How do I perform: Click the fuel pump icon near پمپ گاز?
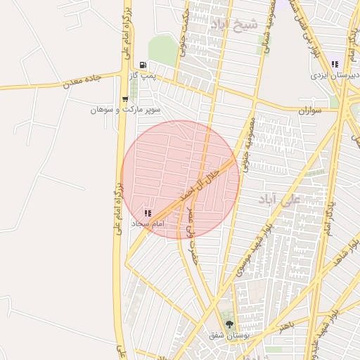coord(143,64)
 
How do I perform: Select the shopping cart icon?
coord(125,99)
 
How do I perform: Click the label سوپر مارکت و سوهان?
coord(126,110)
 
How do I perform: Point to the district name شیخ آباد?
coord(234,25)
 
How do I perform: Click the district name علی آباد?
coord(279,198)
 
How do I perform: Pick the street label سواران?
coord(309,111)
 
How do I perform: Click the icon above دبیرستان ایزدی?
coord(335,63)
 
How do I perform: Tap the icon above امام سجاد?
coord(147,212)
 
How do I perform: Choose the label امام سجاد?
coord(148,223)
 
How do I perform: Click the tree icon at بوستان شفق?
coord(229,323)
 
